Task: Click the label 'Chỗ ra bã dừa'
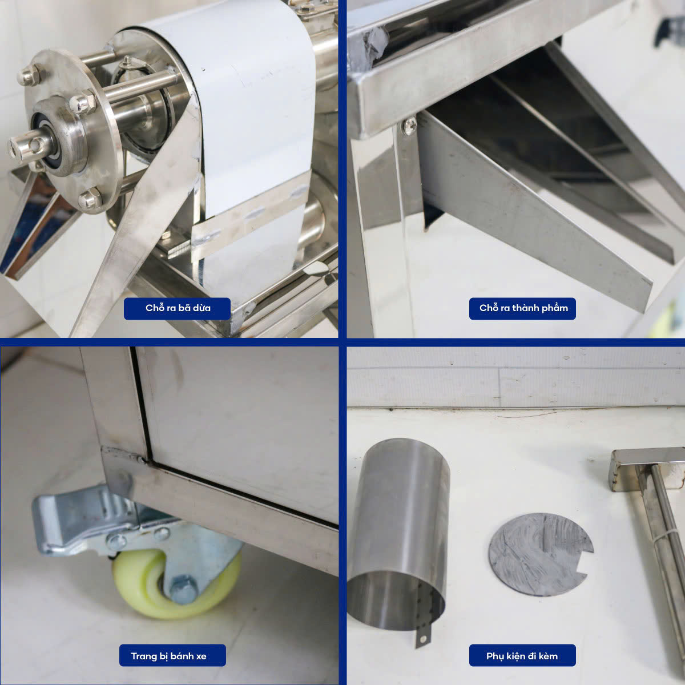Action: (x=178, y=308)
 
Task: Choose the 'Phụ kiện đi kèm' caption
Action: (x=522, y=656)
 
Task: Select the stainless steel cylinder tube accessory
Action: (x=397, y=533)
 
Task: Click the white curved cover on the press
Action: (x=249, y=107)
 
